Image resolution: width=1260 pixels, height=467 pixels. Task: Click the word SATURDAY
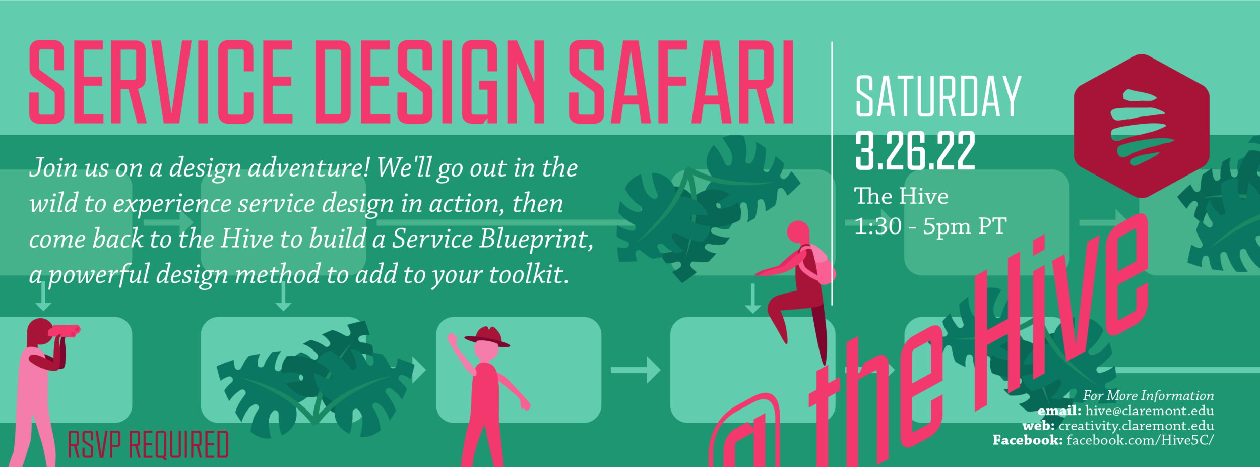938,96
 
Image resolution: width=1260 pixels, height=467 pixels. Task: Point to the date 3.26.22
915,151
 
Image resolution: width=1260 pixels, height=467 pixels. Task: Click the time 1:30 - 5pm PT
930,226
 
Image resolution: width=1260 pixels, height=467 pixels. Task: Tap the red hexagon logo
1142,126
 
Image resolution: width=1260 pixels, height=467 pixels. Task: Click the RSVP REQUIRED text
148,445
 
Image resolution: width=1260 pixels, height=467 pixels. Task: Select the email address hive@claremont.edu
1150,411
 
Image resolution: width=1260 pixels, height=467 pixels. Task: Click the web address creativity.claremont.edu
1137,426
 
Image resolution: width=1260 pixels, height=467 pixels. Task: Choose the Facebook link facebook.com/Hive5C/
1140,440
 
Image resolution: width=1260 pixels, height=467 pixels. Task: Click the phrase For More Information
1149,395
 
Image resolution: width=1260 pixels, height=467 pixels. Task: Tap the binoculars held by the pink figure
64,331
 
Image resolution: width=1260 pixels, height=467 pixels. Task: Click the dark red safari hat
487,336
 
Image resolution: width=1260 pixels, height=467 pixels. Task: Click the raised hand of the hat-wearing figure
452,339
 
